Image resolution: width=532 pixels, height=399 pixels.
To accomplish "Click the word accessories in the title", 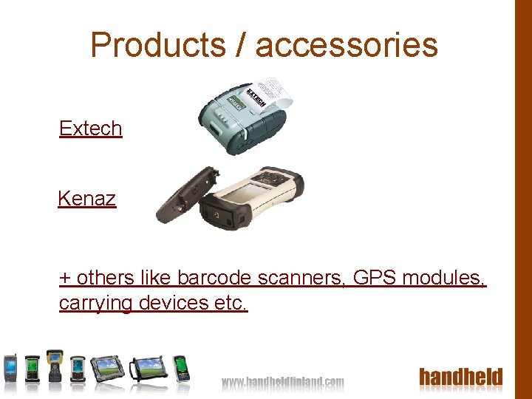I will pyautogui.click(x=347, y=44).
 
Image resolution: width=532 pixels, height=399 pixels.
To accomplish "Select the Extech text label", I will pyautogui.click(x=90, y=128).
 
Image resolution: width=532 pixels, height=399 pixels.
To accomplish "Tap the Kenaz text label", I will pyautogui.click(x=86, y=198).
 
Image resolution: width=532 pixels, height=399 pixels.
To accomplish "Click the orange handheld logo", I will pyautogui.click(x=461, y=378).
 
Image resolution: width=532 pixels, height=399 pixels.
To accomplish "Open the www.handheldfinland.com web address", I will pyautogui.click(x=283, y=382).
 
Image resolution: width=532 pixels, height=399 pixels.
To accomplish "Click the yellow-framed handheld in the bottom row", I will pyautogui.click(x=55, y=365).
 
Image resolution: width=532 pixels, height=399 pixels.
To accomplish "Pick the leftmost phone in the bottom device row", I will pyautogui.click(x=11, y=367).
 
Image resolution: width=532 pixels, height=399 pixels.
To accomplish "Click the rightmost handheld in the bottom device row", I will pyautogui.click(x=180, y=367).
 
